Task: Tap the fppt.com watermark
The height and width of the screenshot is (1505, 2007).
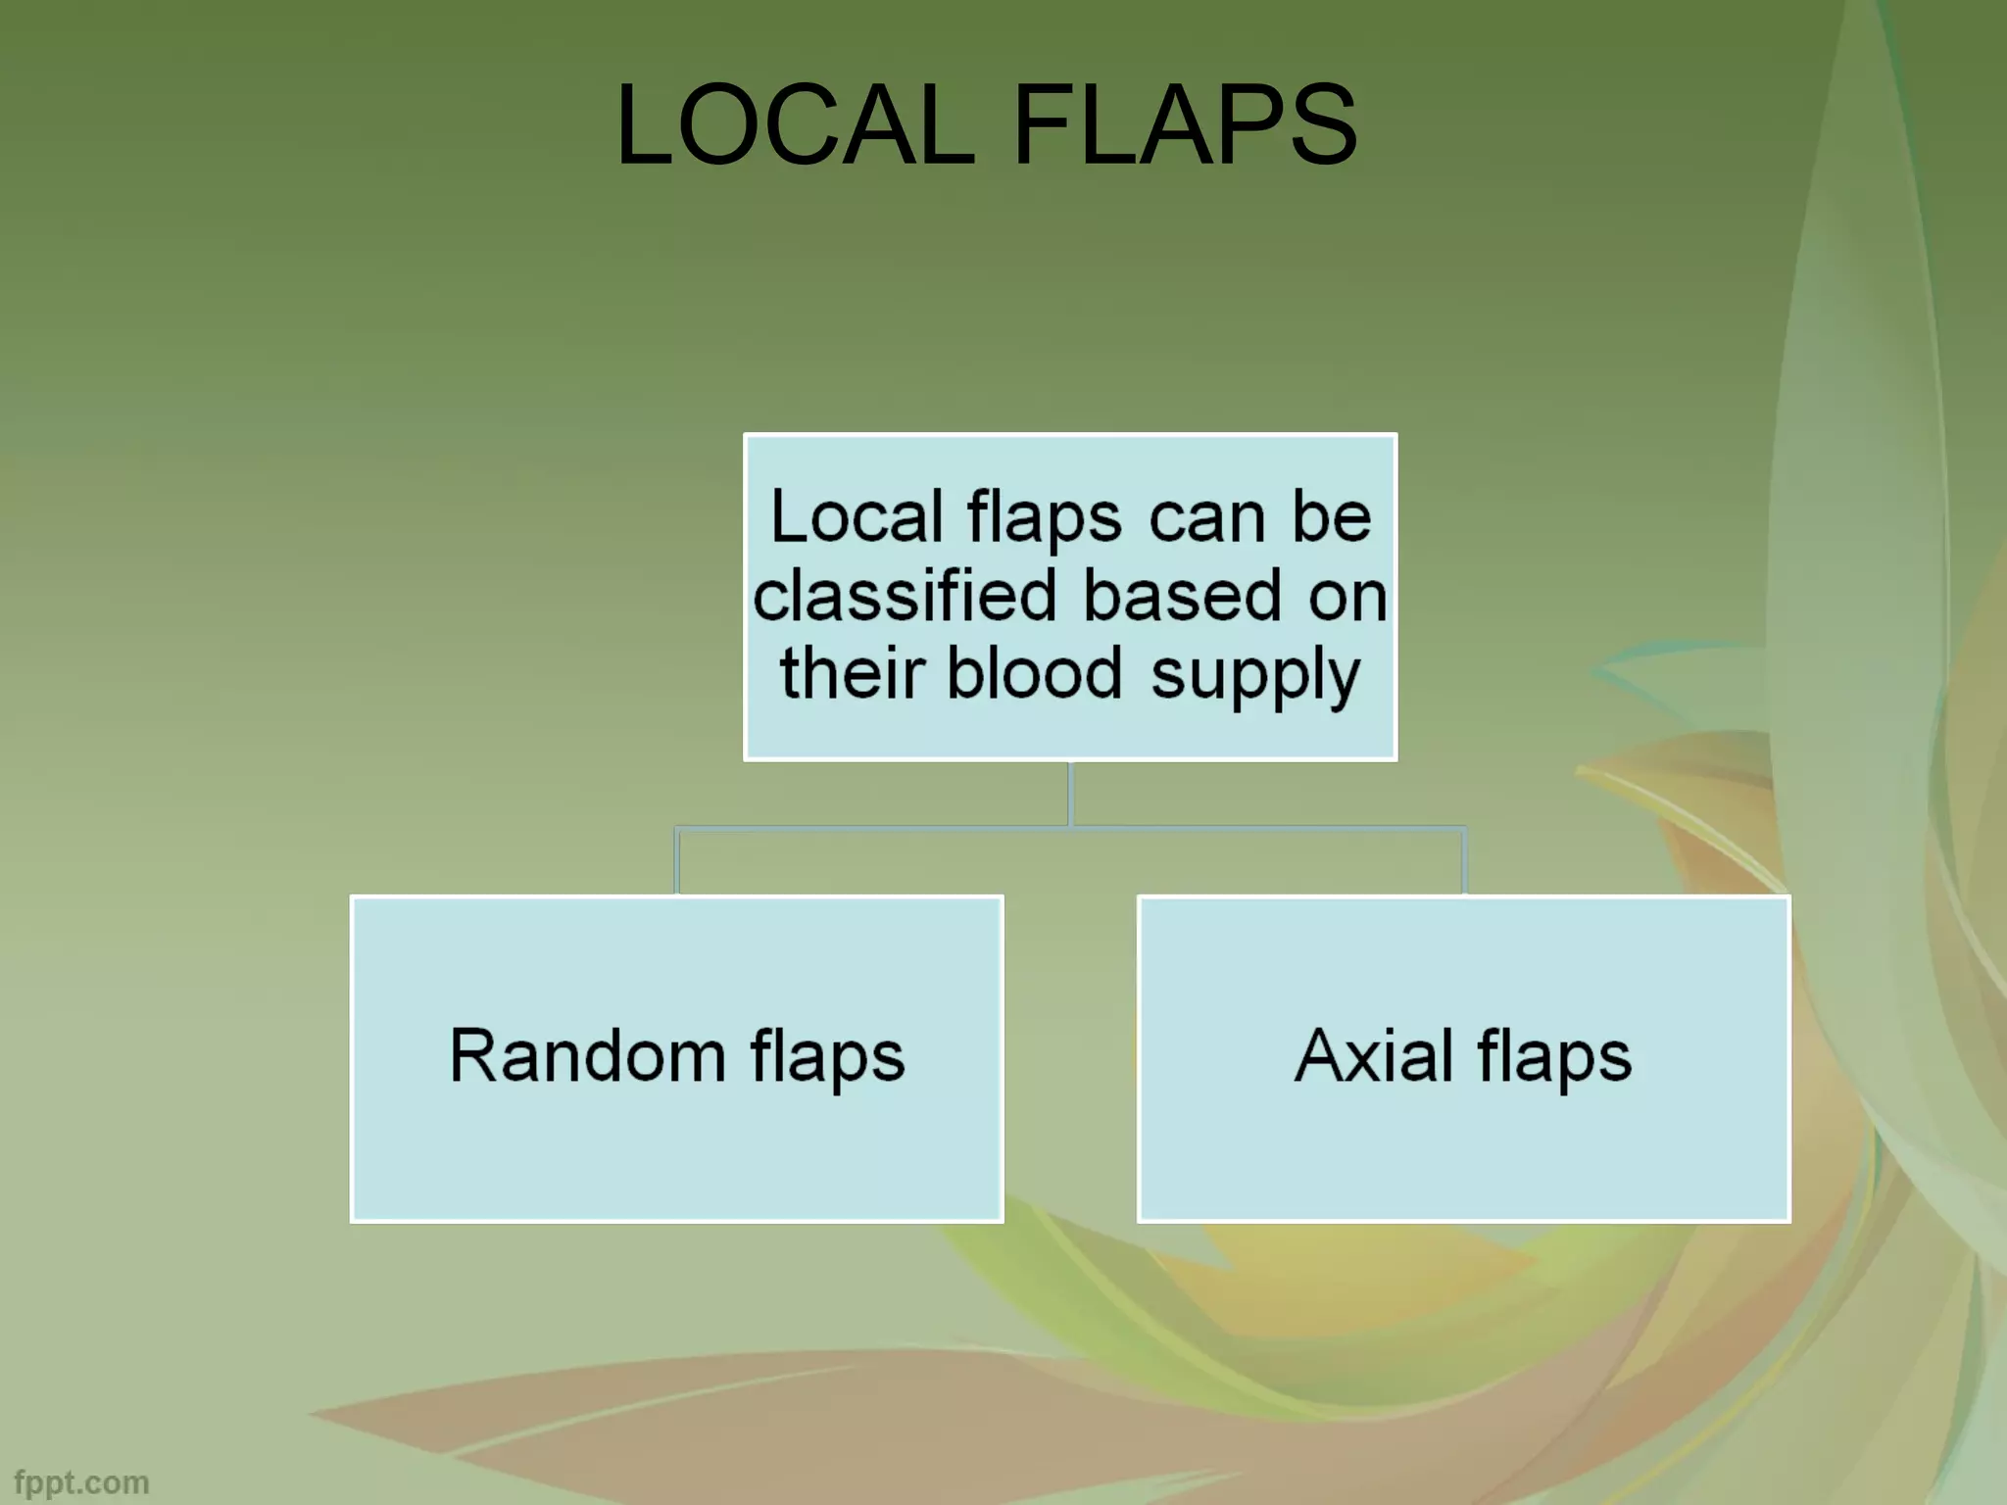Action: (x=82, y=1482)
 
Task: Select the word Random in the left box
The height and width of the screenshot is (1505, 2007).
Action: (x=587, y=1056)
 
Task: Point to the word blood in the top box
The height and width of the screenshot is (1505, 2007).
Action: (x=1034, y=673)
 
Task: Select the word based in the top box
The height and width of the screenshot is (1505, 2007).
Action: (x=1182, y=595)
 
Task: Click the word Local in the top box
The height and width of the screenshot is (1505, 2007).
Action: (x=857, y=516)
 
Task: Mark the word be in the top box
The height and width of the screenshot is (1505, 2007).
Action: (x=1331, y=516)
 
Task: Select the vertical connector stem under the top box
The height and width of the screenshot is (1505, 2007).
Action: (x=1070, y=794)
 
